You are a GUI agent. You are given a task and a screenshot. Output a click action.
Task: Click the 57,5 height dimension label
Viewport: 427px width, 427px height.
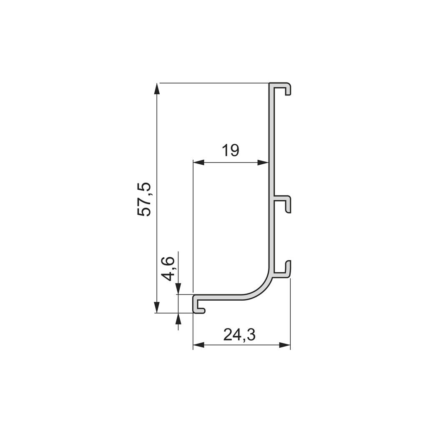[144, 199]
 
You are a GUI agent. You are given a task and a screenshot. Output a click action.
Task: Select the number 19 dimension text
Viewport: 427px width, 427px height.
[230, 151]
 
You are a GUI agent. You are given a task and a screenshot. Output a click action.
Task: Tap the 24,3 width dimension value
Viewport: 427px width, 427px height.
[239, 335]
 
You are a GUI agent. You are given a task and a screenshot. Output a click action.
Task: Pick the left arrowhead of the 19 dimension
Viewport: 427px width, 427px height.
[198, 163]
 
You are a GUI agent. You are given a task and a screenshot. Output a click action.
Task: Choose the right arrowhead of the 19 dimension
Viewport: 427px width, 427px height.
[264, 163]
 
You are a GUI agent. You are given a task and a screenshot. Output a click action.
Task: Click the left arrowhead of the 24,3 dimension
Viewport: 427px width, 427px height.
[198, 345]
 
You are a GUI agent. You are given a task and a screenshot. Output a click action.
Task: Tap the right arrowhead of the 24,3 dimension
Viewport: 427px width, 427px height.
[285, 345]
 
